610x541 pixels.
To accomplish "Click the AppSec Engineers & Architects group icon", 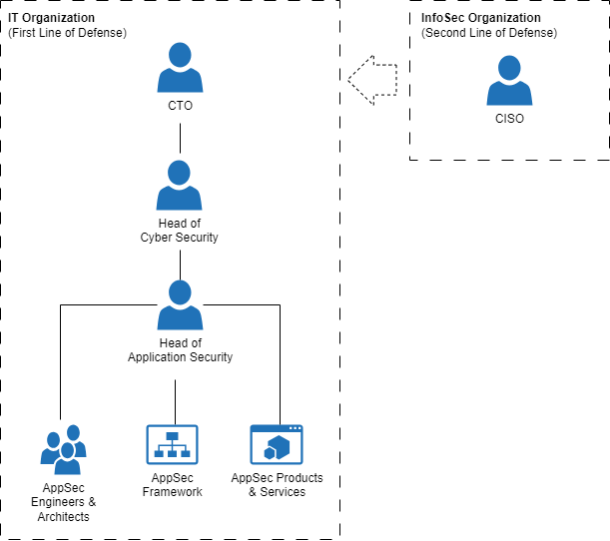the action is [x=64, y=451].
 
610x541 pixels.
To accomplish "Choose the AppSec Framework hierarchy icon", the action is [x=173, y=444].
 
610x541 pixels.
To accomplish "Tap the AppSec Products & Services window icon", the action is [x=277, y=444].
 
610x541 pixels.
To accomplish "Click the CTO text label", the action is [x=180, y=106].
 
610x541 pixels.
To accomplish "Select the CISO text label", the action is [x=509, y=119].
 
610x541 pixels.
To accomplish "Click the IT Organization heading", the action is [x=51, y=18].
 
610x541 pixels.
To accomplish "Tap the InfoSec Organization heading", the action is [x=481, y=18].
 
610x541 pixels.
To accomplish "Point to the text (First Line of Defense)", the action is [x=67, y=33].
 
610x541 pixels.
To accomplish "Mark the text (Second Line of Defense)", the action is [x=489, y=33].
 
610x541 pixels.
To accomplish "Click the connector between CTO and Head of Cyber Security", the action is [x=180, y=139].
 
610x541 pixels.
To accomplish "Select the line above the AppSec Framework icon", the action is [x=175, y=402].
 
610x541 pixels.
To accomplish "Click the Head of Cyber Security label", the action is [x=180, y=231].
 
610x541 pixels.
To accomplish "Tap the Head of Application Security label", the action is [x=180, y=350].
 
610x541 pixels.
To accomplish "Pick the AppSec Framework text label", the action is [x=173, y=485].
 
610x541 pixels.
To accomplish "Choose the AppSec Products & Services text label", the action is [x=277, y=485].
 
